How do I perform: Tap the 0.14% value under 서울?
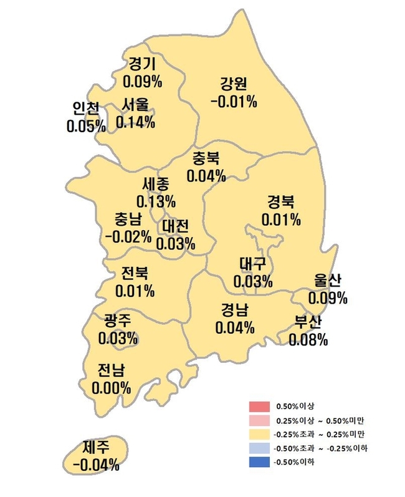pyautogui.click(x=135, y=122)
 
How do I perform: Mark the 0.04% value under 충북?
pyautogui.click(x=206, y=176)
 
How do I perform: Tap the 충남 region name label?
pyautogui.click(x=128, y=220)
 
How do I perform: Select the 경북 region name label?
pyautogui.click(x=282, y=203)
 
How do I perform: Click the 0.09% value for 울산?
pyautogui.click(x=328, y=298)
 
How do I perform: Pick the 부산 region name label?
pyautogui.click(x=308, y=323)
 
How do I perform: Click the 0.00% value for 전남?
pyautogui.click(x=112, y=388)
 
